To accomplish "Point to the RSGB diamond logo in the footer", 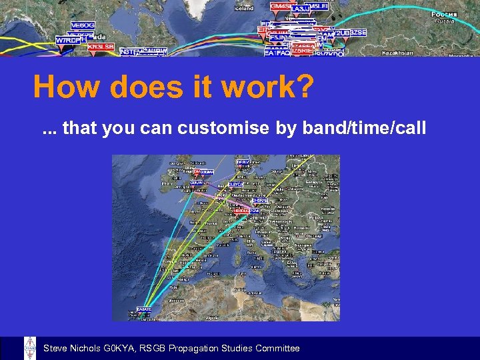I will point(30,348).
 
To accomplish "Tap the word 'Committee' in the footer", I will point(277,349).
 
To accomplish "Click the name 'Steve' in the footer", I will point(55,349).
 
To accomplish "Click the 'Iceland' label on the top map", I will point(244,9).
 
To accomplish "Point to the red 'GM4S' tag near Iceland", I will point(280,6).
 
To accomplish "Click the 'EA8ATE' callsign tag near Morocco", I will point(144,309).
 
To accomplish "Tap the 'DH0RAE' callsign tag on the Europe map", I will point(260,200).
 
